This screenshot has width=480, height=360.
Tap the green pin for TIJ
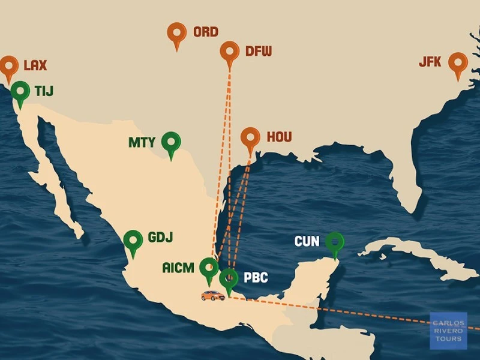[x=21, y=92]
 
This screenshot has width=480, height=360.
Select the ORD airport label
[x=205, y=32]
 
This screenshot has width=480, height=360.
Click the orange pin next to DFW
[x=230, y=52]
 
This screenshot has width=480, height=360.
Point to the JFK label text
[x=430, y=62]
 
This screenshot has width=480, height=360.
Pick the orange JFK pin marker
[x=458, y=63]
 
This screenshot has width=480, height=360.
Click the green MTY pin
[x=172, y=143]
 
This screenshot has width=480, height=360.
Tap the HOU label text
[x=279, y=137]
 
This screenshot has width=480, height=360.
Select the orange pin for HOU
[x=250, y=138]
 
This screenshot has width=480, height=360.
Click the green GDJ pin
[x=133, y=241]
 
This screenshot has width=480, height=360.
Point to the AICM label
[x=178, y=268]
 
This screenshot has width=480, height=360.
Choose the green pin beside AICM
[x=209, y=268]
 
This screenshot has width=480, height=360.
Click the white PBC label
[x=256, y=278]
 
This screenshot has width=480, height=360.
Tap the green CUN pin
[x=335, y=242]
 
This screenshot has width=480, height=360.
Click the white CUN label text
[x=307, y=242]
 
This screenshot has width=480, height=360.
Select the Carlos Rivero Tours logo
[x=448, y=331]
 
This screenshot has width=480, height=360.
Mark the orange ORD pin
[x=177, y=33]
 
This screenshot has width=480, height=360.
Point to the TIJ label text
[x=44, y=91]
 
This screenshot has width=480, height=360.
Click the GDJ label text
[x=160, y=237]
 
